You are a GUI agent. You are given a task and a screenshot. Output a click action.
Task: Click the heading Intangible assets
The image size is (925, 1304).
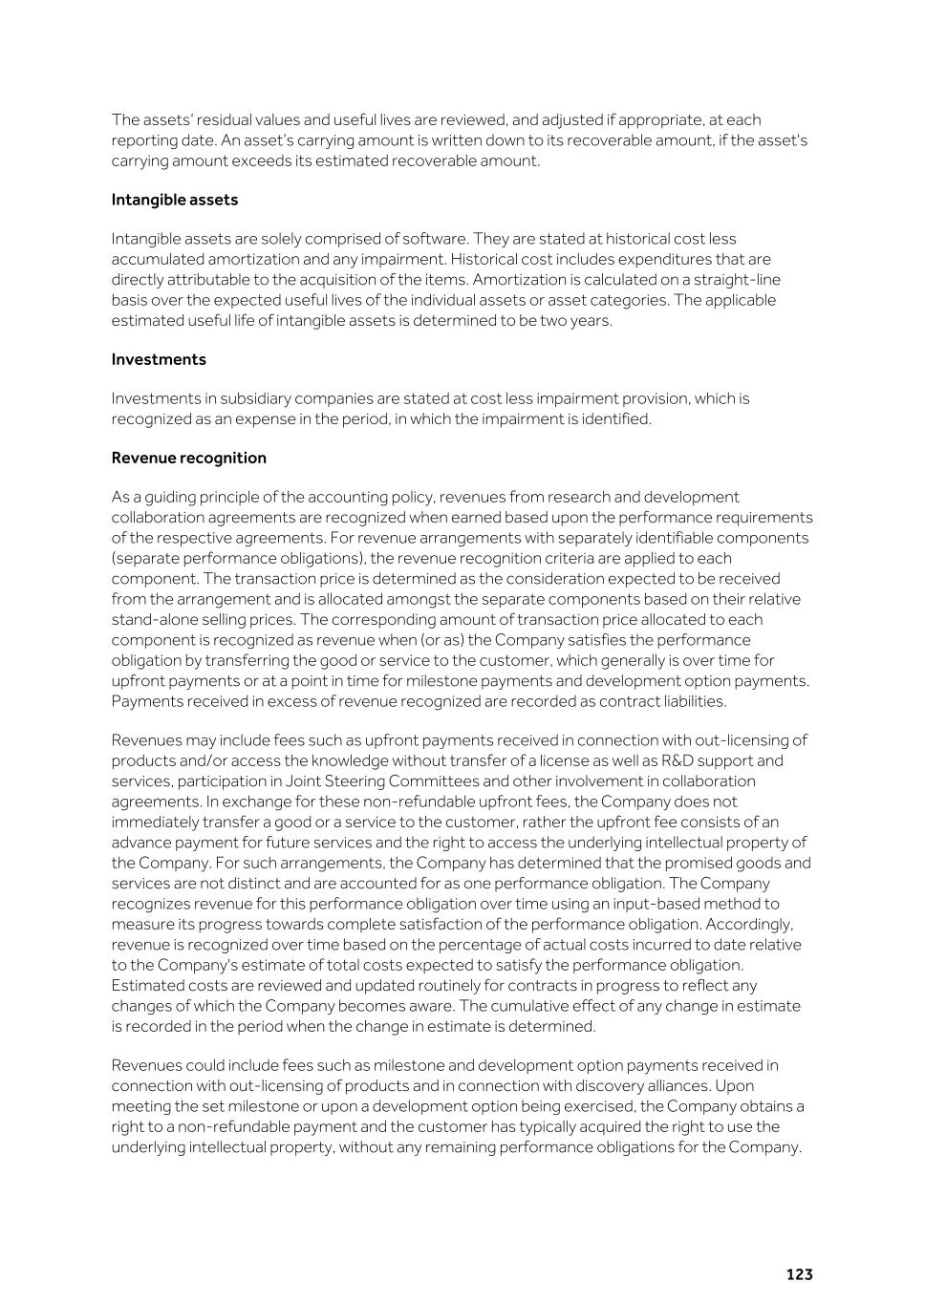click(x=174, y=200)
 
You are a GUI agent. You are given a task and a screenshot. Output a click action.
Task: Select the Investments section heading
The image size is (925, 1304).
click(x=159, y=359)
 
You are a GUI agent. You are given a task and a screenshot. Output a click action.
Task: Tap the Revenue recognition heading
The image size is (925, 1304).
click(x=188, y=458)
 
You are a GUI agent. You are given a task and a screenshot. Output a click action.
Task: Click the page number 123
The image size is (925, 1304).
click(x=799, y=1274)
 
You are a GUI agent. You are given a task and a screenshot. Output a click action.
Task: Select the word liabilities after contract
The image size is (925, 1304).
click(x=693, y=701)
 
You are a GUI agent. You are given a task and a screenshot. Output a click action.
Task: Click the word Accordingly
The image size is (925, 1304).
click(x=754, y=924)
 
